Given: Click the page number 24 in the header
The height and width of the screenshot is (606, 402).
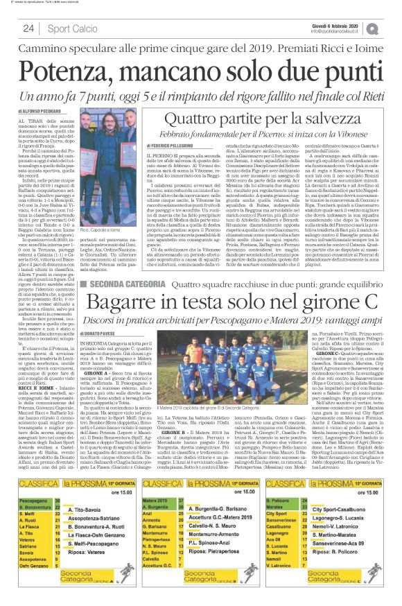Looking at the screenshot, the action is pos(29,28).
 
